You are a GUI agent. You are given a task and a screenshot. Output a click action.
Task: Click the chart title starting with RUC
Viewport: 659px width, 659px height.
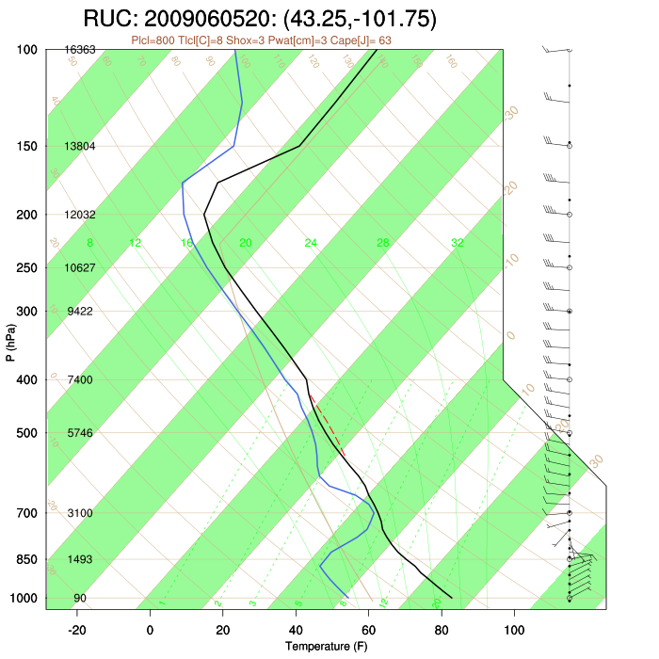coord(259,19)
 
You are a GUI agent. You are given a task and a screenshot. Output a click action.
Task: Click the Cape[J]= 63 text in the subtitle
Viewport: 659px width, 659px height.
coord(363,40)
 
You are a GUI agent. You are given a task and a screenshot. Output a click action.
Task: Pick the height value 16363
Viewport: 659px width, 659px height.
coord(80,49)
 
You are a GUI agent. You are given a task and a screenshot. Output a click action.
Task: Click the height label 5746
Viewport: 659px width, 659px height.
coord(80,433)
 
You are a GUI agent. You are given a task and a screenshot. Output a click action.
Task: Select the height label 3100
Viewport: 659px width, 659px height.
coord(80,513)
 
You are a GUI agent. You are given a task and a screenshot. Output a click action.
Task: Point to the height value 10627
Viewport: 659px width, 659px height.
coord(80,267)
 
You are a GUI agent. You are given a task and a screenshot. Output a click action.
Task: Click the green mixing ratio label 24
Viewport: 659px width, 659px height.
coord(311,243)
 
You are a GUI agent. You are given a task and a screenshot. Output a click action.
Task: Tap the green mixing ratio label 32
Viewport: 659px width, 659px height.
coord(457,243)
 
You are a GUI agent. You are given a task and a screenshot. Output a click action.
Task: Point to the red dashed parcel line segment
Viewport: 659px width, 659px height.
coord(327,424)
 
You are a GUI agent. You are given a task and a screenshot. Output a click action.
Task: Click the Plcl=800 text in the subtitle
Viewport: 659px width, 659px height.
coord(155,40)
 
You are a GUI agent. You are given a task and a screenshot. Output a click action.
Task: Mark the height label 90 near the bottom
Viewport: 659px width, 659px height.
coord(80,598)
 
